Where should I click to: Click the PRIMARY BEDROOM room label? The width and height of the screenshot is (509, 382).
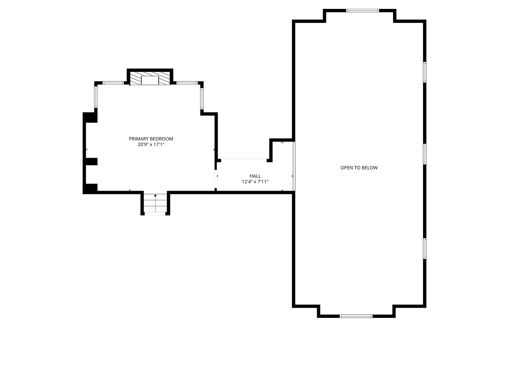(151, 139)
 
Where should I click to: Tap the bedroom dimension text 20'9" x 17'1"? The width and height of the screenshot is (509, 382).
(151, 144)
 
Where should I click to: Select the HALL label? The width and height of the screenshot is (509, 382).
(255, 176)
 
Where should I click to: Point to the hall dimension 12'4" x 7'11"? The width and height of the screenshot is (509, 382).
(255, 182)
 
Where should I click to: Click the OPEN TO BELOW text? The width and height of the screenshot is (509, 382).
(359, 168)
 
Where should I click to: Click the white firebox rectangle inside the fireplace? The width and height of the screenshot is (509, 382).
(150, 80)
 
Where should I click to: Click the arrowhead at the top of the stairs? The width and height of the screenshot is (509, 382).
(155, 195)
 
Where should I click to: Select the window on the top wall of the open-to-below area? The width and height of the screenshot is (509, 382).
(362, 11)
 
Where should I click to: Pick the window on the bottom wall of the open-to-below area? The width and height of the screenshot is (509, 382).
(356, 316)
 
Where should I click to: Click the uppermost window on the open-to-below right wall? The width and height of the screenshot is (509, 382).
(425, 72)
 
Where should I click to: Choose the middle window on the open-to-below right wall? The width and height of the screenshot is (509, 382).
(425, 154)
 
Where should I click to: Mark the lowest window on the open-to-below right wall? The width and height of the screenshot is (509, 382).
(425, 249)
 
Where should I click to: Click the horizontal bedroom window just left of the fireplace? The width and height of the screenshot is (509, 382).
(113, 83)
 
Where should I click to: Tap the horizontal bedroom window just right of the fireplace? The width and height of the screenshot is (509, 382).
(187, 83)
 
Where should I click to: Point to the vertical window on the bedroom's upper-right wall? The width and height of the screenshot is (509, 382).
(202, 98)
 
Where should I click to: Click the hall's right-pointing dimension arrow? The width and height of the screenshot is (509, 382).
(292, 176)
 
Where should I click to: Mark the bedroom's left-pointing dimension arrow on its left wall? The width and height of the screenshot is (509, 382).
(87, 150)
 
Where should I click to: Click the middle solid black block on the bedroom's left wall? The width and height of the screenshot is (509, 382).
(92, 161)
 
